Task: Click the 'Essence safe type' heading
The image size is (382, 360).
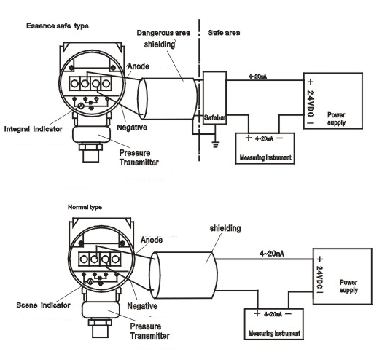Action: click(58, 26)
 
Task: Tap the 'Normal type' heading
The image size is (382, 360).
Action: click(85, 207)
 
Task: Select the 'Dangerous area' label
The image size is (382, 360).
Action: click(163, 33)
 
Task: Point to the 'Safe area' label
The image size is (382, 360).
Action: click(224, 33)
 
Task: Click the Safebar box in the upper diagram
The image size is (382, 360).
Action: click(214, 98)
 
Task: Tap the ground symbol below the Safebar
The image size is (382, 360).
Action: click(215, 145)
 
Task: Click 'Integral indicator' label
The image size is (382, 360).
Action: click(33, 129)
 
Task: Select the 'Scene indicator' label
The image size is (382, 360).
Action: click(43, 305)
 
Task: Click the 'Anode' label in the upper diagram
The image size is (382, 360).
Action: click(139, 66)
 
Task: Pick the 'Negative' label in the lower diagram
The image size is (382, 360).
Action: click(142, 306)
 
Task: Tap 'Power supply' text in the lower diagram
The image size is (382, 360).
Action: click(348, 286)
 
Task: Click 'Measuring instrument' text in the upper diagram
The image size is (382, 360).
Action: click(265, 157)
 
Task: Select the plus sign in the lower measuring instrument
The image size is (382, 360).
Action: click(257, 313)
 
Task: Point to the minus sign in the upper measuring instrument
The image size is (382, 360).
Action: click(280, 138)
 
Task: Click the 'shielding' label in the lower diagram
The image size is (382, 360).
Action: click(225, 229)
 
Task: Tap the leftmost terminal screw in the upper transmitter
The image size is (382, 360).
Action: click(74, 84)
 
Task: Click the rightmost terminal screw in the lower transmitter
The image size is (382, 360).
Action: click(115, 259)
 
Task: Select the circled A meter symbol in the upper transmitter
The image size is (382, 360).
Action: click(81, 106)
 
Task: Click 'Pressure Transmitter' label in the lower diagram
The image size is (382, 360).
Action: click(149, 331)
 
